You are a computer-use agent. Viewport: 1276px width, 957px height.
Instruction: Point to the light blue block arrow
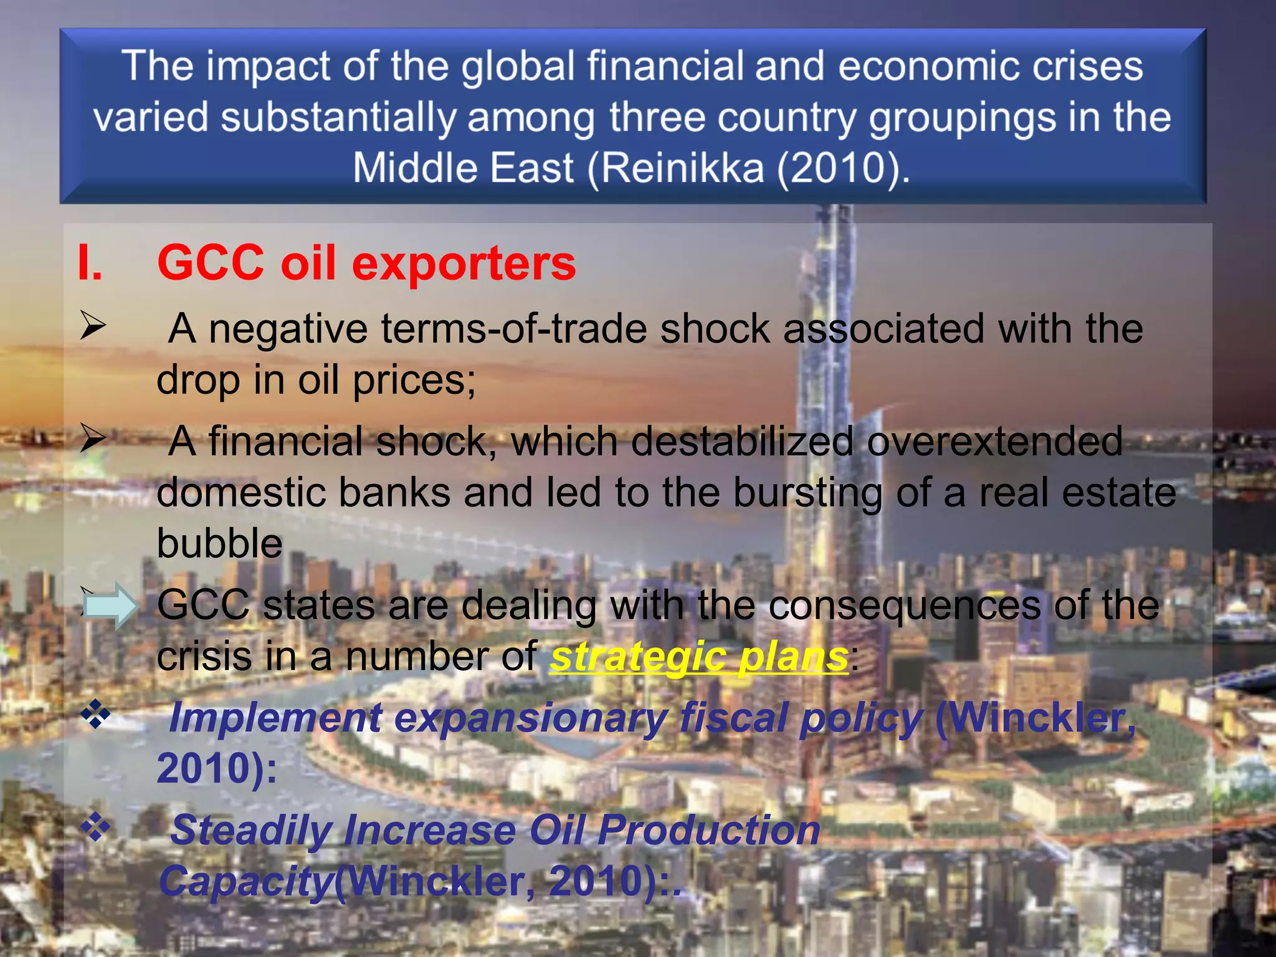[110, 606]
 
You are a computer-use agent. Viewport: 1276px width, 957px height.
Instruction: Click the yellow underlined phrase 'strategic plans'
[699, 657]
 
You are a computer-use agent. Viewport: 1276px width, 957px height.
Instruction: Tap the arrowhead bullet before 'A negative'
[92, 326]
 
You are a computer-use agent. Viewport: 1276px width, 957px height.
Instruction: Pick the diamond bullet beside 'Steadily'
[95, 828]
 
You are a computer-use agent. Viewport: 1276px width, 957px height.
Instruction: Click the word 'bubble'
[219, 543]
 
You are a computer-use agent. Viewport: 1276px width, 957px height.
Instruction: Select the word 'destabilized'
[741, 441]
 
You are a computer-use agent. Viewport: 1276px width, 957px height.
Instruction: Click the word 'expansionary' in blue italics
[530, 718]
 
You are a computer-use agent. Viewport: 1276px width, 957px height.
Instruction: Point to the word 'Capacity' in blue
[246, 881]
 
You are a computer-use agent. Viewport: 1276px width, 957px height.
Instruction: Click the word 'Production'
[709, 831]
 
